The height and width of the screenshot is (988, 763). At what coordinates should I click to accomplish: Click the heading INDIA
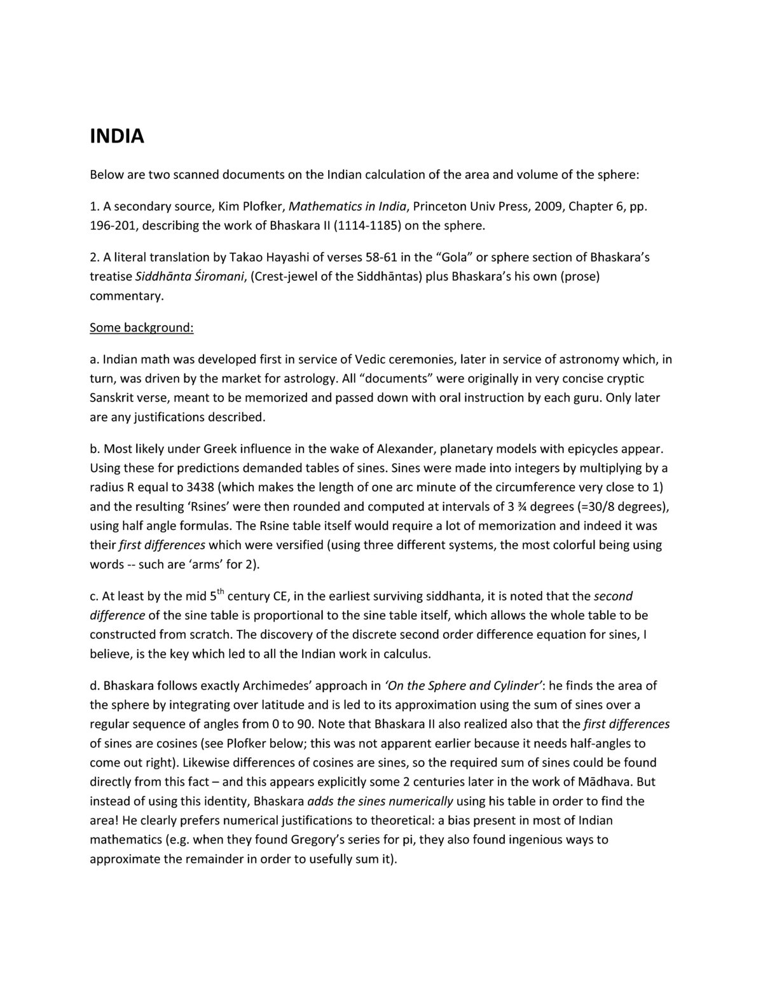click(x=117, y=136)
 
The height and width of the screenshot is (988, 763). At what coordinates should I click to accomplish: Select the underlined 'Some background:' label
click(x=141, y=328)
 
